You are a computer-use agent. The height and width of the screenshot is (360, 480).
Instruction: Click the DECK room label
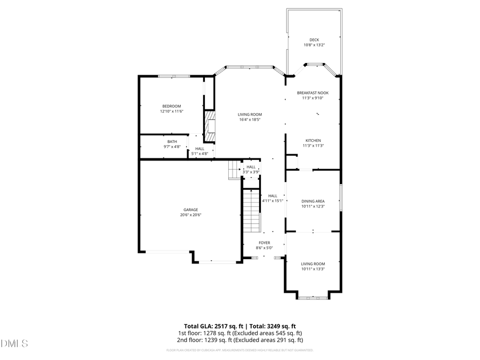click(314, 39)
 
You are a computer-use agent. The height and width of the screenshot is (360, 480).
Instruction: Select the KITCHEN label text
click(313, 140)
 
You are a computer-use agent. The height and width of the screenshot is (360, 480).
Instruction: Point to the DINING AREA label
click(313, 201)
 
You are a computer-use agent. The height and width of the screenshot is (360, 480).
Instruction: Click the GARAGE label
click(191, 210)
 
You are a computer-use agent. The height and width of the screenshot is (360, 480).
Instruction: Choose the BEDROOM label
click(172, 106)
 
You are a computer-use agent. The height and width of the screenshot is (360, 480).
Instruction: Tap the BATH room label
click(172, 141)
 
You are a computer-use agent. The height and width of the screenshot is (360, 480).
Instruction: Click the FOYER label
click(265, 243)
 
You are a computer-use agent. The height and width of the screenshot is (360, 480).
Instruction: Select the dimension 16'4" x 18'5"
click(250, 119)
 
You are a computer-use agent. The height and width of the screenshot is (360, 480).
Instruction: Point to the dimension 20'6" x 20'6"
click(191, 215)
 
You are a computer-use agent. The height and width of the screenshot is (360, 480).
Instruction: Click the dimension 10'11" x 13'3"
click(313, 269)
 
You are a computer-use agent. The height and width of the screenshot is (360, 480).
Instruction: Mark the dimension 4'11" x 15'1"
click(273, 201)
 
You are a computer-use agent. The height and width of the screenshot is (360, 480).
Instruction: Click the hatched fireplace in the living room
click(211, 127)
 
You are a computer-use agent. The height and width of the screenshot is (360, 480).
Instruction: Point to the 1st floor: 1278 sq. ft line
click(240, 333)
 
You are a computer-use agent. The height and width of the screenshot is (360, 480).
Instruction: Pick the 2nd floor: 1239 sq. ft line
click(240, 340)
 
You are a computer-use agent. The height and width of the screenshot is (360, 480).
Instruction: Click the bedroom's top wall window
click(173, 76)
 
